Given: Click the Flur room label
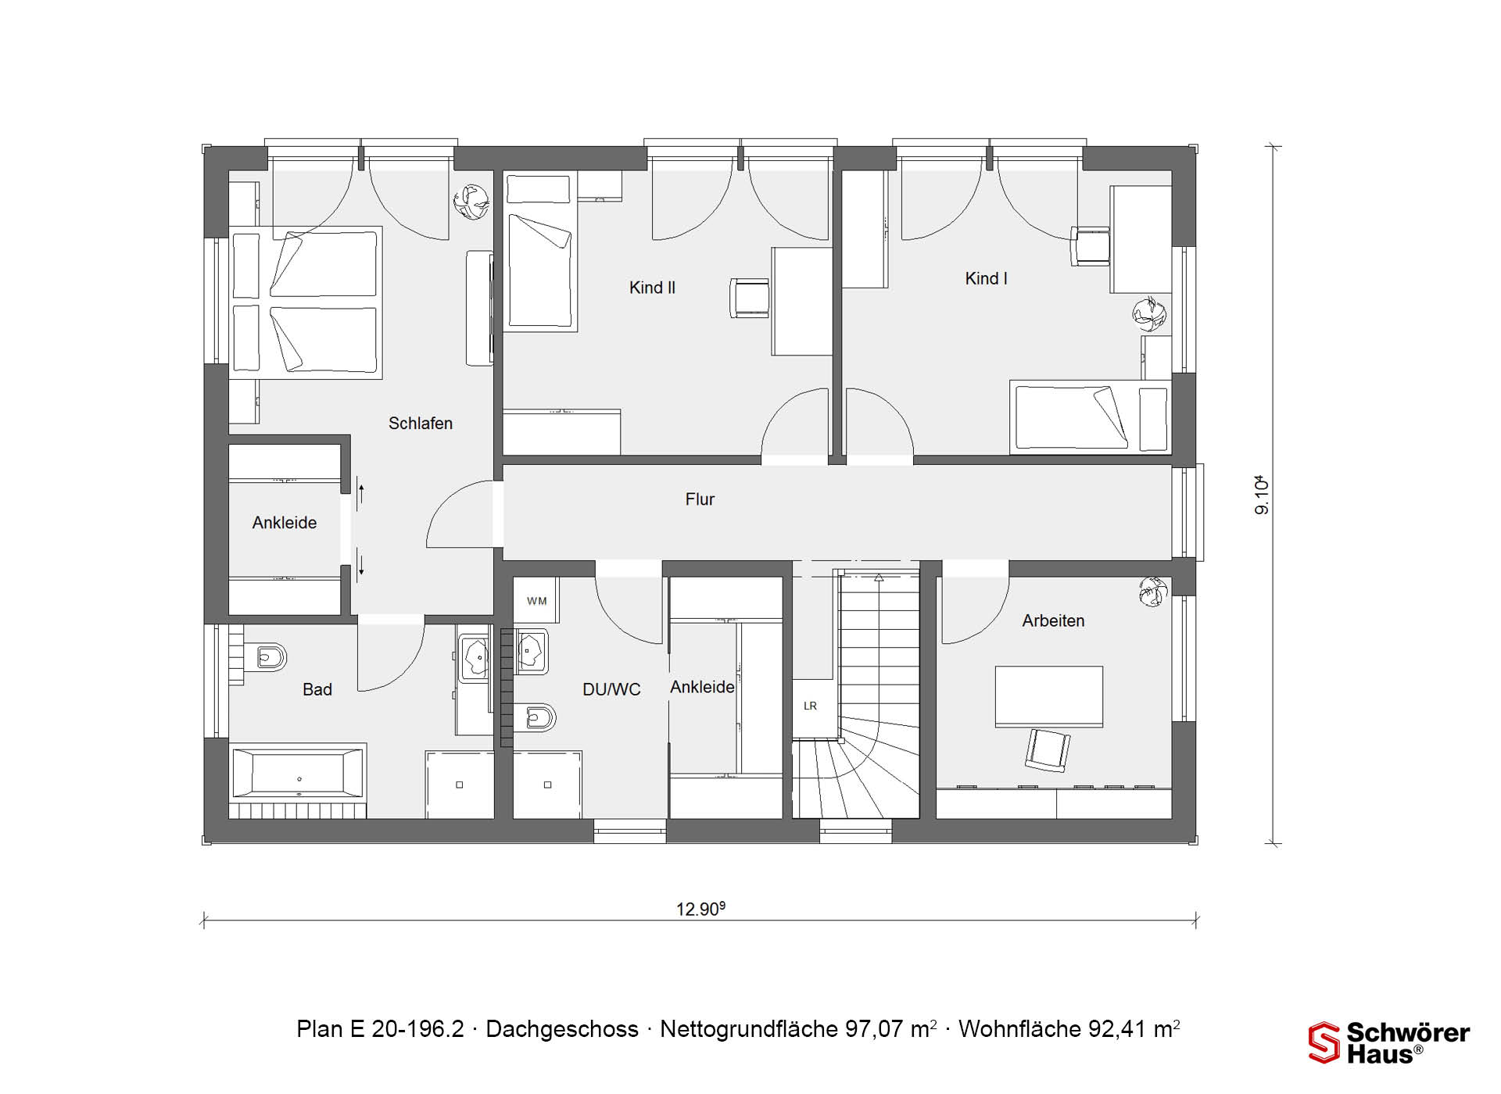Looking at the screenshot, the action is (x=700, y=499).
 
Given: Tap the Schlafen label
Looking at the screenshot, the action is (x=421, y=424).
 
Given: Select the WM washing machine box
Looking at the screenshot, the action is (x=536, y=601).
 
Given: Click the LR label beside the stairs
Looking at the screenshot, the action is (x=810, y=706).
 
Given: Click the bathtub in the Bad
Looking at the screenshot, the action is (x=299, y=774).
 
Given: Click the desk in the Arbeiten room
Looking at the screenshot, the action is (x=1049, y=696).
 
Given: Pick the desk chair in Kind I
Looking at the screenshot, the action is (x=1090, y=246).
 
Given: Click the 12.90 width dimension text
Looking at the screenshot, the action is (x=700, y=909).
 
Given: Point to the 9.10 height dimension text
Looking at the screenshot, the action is (x=1261, y=495).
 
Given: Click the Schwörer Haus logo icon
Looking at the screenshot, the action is (x=1324, y=1042).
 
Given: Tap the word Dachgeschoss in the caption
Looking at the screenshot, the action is (x=562, y=1029).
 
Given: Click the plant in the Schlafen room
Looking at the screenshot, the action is (x=471, y=202).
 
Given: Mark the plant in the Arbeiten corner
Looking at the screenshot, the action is (x=1153, y=592).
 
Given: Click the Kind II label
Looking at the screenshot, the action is (x=652, y=288).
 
